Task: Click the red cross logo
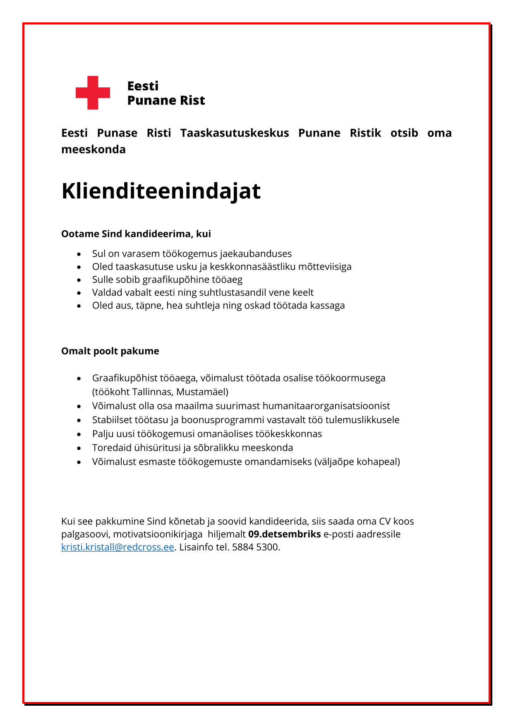93,93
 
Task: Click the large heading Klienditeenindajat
161,191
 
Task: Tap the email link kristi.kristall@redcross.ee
117,547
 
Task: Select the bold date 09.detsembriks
284,534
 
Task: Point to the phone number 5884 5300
255,547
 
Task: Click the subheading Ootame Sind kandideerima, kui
136,234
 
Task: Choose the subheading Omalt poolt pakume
110,351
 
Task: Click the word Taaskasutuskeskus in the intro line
235,133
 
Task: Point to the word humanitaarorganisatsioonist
326,406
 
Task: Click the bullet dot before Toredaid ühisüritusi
79,448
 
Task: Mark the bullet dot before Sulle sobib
79,280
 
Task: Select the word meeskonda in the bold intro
93,150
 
